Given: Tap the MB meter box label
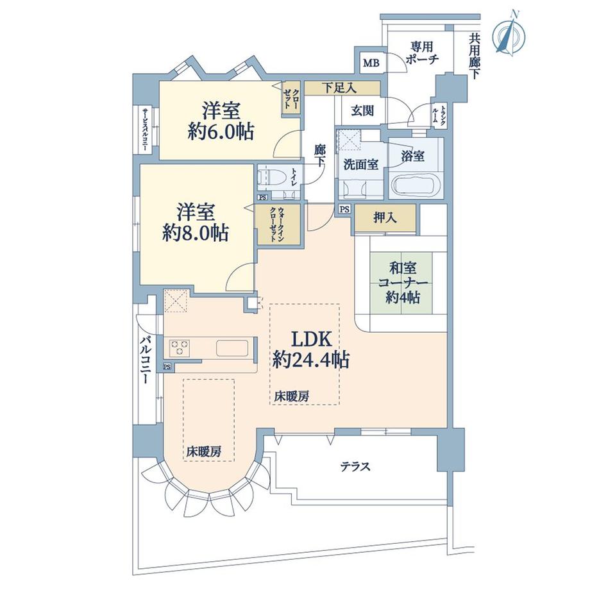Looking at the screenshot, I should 371,63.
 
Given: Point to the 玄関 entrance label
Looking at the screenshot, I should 362,110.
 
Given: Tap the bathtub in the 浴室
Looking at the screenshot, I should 415,185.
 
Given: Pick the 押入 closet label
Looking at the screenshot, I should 384,218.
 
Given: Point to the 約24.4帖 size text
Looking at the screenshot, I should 310,360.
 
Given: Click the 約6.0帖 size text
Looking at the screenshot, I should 221,132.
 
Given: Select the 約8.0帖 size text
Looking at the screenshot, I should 195,232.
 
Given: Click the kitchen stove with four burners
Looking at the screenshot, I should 180,348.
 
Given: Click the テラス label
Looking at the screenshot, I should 355,467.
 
